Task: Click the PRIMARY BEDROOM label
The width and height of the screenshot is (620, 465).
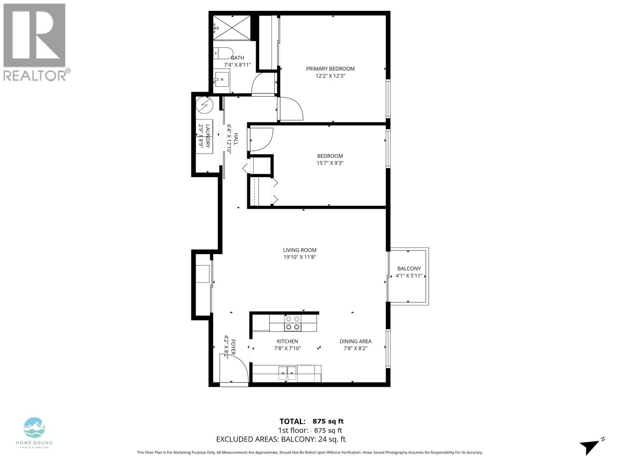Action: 330,69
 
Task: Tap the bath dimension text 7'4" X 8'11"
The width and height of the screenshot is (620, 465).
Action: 237,65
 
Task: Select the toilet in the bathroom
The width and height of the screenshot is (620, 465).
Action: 223,53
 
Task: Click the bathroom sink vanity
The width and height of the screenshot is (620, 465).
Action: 222,80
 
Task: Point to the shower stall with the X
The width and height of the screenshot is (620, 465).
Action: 232,27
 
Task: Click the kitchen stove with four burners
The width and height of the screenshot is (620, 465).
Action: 293,323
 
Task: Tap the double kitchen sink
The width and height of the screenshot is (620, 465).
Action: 287,373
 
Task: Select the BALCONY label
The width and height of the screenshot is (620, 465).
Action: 409,269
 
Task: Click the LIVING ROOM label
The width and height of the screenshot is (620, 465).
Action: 300,250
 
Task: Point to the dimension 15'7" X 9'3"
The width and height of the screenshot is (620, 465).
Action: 330,163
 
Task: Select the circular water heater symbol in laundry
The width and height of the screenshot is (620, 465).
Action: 204,105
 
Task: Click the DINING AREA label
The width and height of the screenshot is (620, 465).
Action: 355,341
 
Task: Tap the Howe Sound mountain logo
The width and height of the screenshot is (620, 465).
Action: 34,428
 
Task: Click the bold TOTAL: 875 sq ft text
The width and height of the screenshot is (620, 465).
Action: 312,421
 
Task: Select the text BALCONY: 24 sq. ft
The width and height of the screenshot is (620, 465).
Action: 313,439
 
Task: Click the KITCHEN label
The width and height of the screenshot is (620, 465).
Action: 287,341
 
